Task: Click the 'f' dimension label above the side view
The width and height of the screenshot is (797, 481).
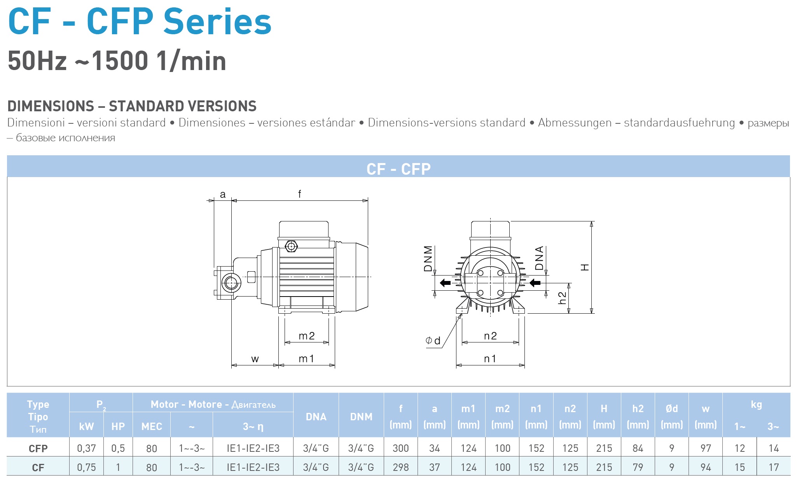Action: (299, 194)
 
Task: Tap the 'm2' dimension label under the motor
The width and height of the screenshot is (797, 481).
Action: (306, 336)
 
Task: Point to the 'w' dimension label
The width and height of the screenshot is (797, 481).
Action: (255, 359)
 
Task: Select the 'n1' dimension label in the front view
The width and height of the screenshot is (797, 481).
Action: (490, 359)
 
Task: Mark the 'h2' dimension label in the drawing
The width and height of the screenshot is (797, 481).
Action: (562, 298)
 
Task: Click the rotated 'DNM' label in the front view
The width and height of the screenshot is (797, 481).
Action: (428, 258)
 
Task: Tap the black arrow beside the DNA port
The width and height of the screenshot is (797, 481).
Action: (535, 283)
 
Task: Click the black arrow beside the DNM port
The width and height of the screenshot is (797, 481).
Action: (445, 283)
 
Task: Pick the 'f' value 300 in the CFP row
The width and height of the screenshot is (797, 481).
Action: (400, 448)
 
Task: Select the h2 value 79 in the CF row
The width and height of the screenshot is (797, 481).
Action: (638, 467)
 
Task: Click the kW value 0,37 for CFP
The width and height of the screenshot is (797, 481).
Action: (86, 448)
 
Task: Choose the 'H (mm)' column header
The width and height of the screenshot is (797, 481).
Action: (604, 416)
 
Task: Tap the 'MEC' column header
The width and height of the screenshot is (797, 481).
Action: (152, 427)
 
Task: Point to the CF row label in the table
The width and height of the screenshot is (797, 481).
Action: (38, 467)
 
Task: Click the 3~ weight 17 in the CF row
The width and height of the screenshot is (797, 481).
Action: (773, 467)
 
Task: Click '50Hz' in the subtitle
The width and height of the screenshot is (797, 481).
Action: (37, 61)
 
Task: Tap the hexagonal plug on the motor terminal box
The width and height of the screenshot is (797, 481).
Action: (291, 246)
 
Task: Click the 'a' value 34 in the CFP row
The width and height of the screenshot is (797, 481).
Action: (434, 448)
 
